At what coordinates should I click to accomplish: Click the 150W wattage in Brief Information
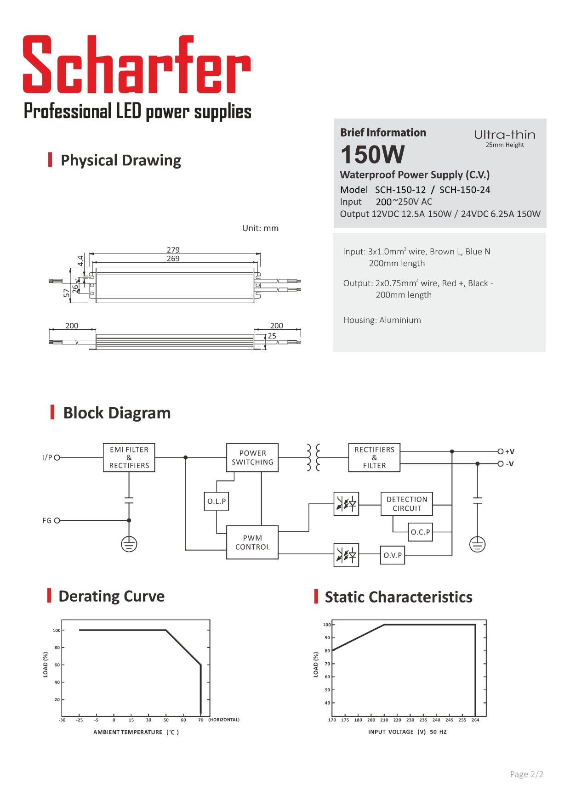tap(372, 154)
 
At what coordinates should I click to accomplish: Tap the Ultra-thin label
tap(505, 135)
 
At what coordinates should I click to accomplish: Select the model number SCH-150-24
tap(465, 190)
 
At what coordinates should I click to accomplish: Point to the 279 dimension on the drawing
tap(173, 250)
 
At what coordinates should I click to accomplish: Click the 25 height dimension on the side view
tap(272, 336)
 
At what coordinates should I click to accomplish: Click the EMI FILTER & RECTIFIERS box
tap(129, 457)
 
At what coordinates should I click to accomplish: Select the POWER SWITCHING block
tap(252, 457)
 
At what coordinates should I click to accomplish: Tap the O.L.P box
tap(217, 501)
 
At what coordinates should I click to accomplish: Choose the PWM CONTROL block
tap(252, 542)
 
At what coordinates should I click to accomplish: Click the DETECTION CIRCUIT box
tap(407, 504)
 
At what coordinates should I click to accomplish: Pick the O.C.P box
tap(420, 532)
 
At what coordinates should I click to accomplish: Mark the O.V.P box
tap(393, 555)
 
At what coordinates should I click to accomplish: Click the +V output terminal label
tap(510, 451)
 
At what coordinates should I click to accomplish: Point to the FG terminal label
tap(47, 520)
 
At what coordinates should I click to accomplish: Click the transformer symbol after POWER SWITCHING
tap(313, 457)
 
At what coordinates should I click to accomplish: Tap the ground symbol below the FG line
tap(129, 544)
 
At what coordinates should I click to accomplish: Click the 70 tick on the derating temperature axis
tap(200, 720)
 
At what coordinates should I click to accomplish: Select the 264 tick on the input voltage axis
tap(475, 720)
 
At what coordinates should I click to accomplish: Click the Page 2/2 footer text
tap(526, 774)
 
